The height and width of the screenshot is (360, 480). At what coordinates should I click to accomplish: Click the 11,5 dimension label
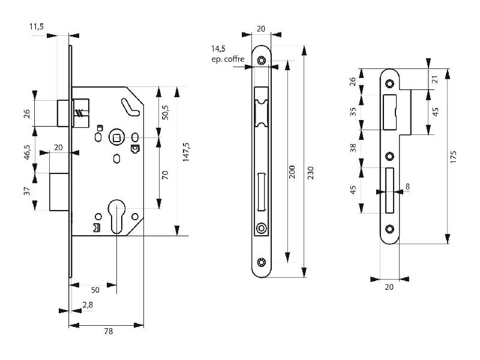37,26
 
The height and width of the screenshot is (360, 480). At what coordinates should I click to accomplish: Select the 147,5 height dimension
186,152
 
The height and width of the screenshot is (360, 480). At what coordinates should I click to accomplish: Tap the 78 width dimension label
109,331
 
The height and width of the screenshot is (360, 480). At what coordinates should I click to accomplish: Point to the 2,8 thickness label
88,305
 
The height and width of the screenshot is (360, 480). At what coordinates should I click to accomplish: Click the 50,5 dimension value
165,112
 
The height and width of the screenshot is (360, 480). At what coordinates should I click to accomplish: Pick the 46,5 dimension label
27,152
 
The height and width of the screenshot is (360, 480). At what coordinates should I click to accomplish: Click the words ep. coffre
228,59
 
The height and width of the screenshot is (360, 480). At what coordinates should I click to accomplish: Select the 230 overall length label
310,173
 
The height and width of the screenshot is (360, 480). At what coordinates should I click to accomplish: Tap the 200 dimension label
292,172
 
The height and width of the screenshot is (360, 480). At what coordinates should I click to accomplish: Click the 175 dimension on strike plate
454,157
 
